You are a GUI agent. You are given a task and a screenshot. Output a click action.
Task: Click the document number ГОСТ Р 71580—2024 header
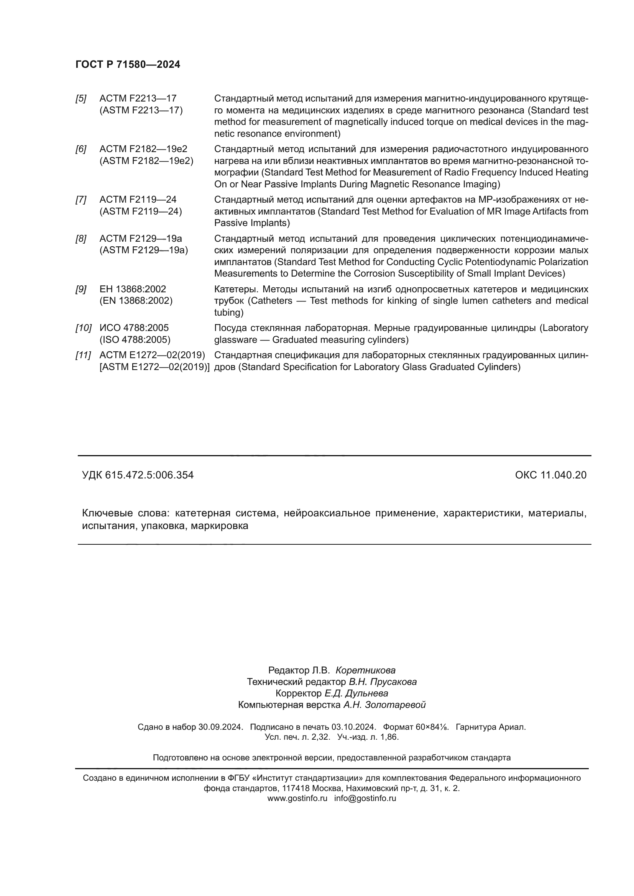click(128, 65)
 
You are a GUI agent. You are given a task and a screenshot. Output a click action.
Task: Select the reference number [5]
click(81, 99)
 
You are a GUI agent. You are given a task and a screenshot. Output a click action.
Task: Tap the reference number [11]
click(83, 355)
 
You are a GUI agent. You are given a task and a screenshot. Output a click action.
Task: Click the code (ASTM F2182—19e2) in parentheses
click(146, 161)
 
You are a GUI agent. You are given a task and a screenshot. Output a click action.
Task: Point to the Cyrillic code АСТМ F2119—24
click(138, 200)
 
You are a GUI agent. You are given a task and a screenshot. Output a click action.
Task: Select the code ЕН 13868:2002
click(133, 289)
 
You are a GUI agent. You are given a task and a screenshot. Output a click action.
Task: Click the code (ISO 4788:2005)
click(135, 339)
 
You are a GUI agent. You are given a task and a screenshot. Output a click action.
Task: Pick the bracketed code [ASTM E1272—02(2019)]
click(154, 367)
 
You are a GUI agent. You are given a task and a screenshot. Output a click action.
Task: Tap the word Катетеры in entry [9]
click(236, 289)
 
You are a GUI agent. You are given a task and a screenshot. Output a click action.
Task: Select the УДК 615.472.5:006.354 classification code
click(138, 475)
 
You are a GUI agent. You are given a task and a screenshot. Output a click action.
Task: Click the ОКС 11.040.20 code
click(550, 475)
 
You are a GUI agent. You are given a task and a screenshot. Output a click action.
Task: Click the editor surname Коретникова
click(365, 670)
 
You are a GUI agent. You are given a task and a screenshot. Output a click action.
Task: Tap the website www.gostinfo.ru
click(297, 798)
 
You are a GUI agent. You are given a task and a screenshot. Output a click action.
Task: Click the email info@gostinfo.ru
click(365, 798)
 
